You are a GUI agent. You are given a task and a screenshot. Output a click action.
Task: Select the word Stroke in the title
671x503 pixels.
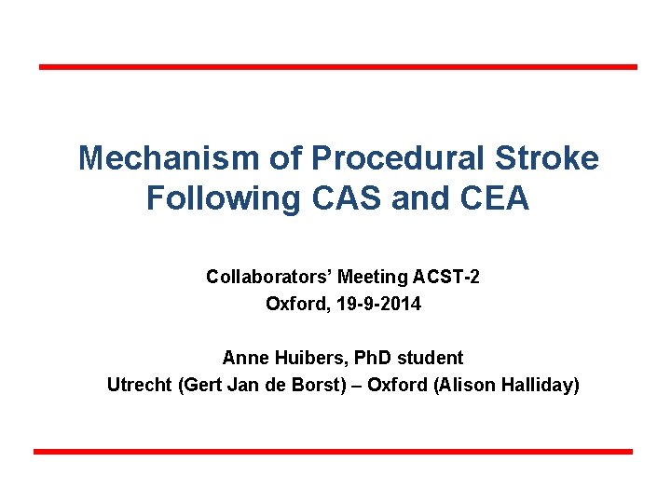point(550,158)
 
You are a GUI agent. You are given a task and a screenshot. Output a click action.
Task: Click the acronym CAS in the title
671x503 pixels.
point(337,198)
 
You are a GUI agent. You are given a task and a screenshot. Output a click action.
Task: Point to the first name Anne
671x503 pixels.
point(242,358)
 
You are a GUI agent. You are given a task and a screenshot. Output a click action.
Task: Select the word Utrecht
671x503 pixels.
point(139,385)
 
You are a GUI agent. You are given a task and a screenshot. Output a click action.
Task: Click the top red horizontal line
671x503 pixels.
point(337,67)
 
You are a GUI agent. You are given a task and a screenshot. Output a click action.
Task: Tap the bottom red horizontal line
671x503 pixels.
point(334,452)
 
